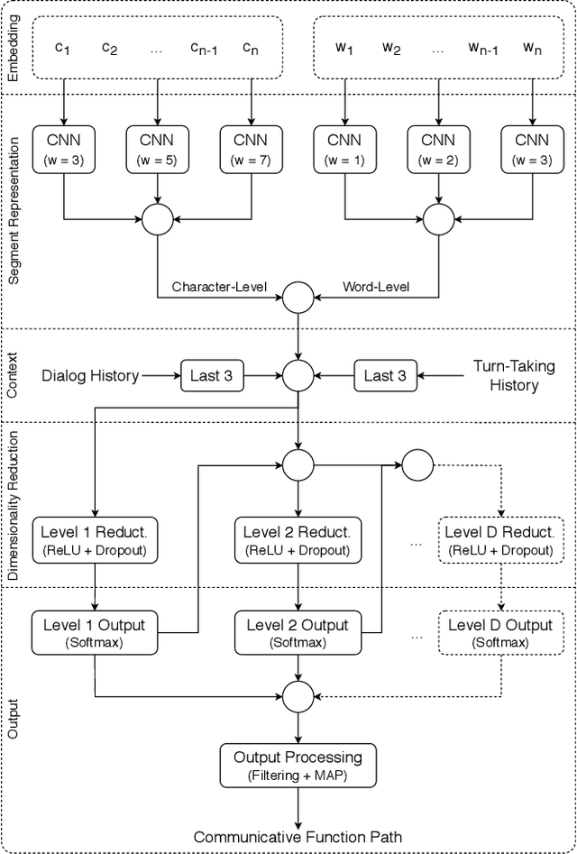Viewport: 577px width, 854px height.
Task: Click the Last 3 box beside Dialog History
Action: click(x=213, y=375)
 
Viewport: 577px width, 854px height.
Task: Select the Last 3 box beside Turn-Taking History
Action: click(x=385, y=375)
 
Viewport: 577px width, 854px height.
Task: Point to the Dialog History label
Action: click(x=90, y=375)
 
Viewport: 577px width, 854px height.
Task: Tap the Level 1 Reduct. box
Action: click(x=94, y=538)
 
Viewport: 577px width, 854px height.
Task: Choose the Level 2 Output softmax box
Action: click(x=298, y=633)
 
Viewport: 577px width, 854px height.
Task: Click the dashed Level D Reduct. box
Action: click(x=499, y=538)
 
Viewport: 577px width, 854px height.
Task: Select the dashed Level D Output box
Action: click(x=499, y=633)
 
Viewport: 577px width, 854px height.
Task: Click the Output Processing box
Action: click(x=298, y=765)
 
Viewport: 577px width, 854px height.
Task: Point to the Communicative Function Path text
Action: click(x=298, y=836)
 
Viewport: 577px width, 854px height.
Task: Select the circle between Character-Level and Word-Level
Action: click(x=298, y=295)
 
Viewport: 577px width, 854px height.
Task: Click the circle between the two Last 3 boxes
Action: click(x=298, y=375)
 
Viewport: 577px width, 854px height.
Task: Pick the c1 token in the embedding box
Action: click(x=63, y=49)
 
